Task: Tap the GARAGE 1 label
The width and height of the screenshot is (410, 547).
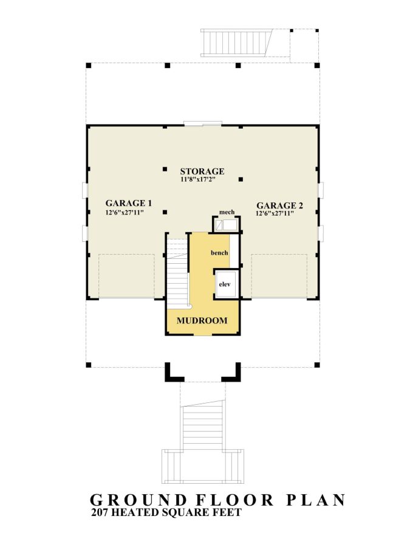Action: click(x=128, y=203)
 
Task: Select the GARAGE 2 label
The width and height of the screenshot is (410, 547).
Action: click(x=279, y=205)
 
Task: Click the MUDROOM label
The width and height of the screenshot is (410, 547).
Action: click(x=202, y=320)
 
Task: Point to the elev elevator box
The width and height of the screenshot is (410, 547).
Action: click(x=224, y=284)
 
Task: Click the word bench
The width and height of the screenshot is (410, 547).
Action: click(x=219, y=252)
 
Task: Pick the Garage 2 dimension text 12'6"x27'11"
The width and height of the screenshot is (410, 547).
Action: click(x=275, y=214)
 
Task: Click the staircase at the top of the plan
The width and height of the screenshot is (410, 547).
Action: click(x=236, y=43)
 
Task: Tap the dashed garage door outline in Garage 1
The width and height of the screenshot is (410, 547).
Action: click(x=126, y=275)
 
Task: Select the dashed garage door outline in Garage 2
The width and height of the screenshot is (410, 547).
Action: click(x=279, y=275)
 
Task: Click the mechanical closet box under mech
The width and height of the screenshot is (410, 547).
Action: click(x=226, y=225)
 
